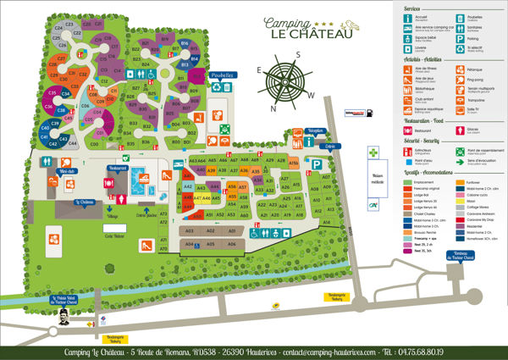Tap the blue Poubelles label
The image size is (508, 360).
click(222, 75)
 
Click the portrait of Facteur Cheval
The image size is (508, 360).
click(63, 318)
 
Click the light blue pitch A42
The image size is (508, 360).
click(188, 185)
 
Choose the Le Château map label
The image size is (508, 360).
click(84, 202)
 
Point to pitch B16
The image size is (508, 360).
click(184, 43)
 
